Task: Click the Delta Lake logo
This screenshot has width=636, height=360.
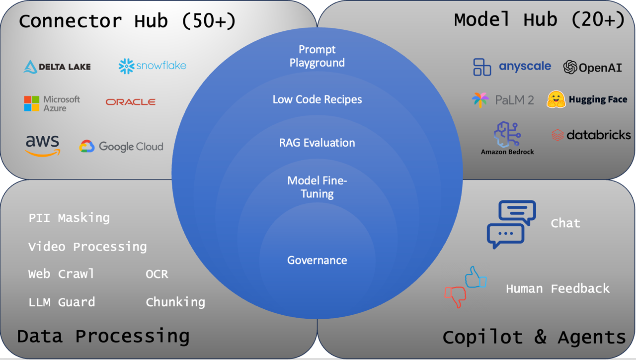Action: coord(57,67)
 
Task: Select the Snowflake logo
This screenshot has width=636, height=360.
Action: coord(152,66)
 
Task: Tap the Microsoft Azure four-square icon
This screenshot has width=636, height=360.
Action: coord(32,103)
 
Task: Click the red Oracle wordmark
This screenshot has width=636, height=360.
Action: coord(131,102)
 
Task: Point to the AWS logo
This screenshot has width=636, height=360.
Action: coord(43,146)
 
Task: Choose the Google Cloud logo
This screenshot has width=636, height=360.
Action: coord(121,146)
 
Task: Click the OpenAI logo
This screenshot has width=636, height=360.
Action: coord(592,67)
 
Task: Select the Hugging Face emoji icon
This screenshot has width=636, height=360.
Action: coord(556,99)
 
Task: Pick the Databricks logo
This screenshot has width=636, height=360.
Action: coord(591,135)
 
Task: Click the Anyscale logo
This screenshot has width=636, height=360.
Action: coord(512,67)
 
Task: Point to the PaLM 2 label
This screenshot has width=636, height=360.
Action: coord(514,100)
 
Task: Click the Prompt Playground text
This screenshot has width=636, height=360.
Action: coord(317,56)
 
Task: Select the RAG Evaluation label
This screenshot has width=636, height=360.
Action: coord(317,143)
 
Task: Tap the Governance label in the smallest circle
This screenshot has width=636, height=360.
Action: coord(317,260)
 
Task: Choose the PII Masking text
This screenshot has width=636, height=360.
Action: coord(69,218)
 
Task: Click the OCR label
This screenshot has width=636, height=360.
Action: coord(157,274)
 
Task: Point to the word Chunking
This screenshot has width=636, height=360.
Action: coord(175,302)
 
